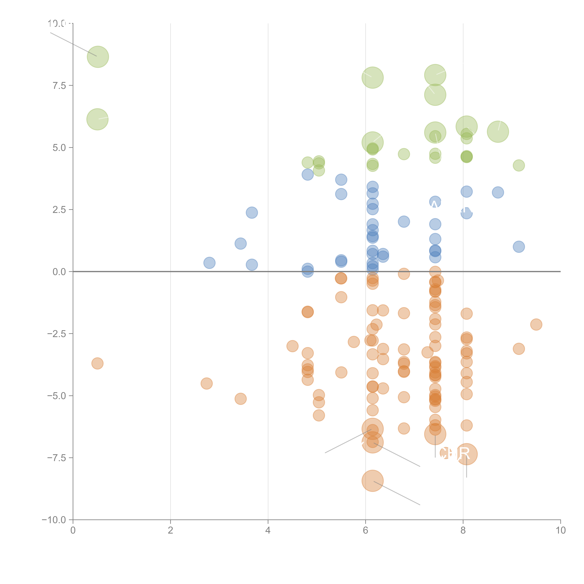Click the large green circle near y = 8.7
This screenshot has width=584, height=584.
tap(98, 57)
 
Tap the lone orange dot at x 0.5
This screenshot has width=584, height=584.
tap(97, 363)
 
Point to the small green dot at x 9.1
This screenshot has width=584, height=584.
tap(519, 165)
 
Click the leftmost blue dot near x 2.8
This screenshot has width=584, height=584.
tap(209, 263)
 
